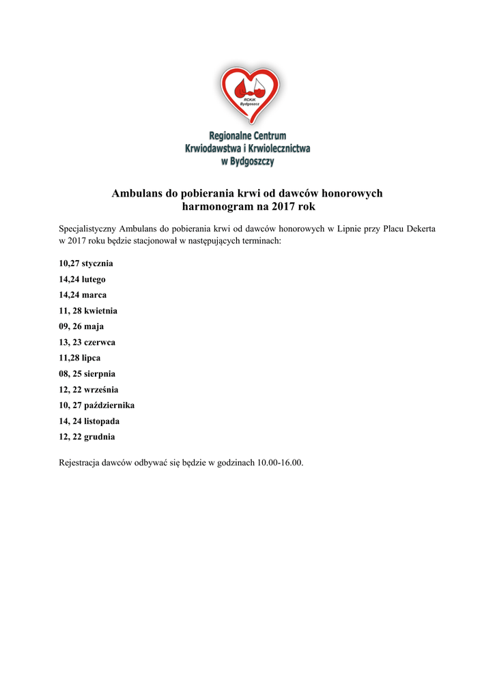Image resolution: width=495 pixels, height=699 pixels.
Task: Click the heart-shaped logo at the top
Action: click(x=248, y=94)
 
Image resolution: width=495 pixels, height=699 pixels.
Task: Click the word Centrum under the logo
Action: click(x=267, y=136)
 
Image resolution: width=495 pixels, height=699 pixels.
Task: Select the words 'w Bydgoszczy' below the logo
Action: click(x=247, y=162)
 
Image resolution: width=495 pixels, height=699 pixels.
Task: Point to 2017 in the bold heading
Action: click(x=282, y=206)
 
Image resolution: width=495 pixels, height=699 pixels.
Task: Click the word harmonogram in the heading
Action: click(x=215, y=206)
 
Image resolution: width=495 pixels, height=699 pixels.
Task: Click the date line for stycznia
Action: click(x=86, y=263)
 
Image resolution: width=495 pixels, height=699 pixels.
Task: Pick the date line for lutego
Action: click(x=82, y=279)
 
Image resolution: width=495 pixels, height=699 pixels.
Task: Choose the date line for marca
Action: click(x=83, y=295)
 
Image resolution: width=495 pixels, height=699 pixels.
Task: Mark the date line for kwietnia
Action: click(x=88, y=311)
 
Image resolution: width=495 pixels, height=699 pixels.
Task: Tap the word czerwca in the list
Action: click(x=100, y=342)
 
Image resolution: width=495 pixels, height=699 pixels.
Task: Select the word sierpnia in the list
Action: click(x=100, y=373)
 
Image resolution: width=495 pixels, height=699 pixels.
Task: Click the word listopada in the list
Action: click(x=102, y=420)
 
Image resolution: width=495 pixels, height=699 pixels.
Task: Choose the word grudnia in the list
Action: click(x=100, y=436)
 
